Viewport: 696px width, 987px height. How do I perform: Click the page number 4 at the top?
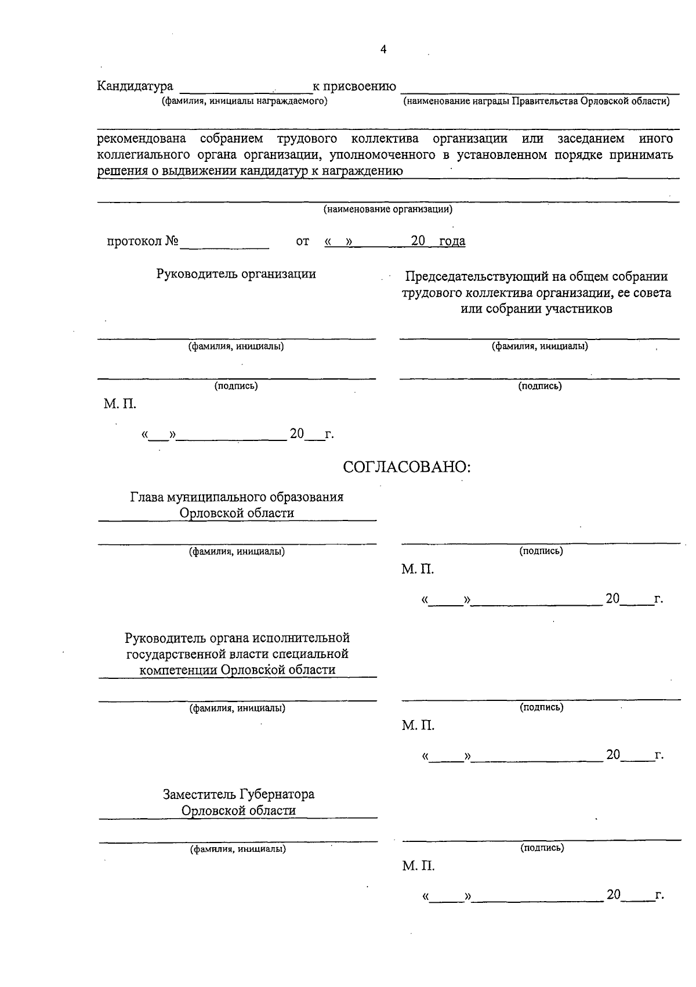pos(383,50)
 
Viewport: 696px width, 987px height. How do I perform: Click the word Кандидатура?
pos(135,86)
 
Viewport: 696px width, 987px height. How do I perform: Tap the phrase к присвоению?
pos(354,86)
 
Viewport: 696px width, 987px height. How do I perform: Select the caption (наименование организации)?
pos(388,209)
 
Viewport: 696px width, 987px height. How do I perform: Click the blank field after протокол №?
pos(224,242)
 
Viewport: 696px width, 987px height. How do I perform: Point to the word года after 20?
pos(452,241)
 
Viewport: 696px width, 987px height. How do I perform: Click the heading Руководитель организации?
pos(236,274)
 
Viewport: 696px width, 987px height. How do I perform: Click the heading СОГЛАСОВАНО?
pos(407,467)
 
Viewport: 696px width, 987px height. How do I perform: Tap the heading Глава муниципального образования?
pos(237,497)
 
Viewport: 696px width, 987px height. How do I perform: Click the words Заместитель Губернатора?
pos(238,794)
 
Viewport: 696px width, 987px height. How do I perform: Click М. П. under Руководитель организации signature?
pos(120,404)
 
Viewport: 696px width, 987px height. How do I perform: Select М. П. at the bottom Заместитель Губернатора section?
pos(418,866)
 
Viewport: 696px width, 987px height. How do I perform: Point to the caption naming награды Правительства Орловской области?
pos(536,102)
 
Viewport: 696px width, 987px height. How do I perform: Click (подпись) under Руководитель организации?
pos(236,386)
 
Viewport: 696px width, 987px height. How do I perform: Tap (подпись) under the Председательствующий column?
pos(539,386)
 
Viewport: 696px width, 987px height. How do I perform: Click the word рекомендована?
pos(142,139)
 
